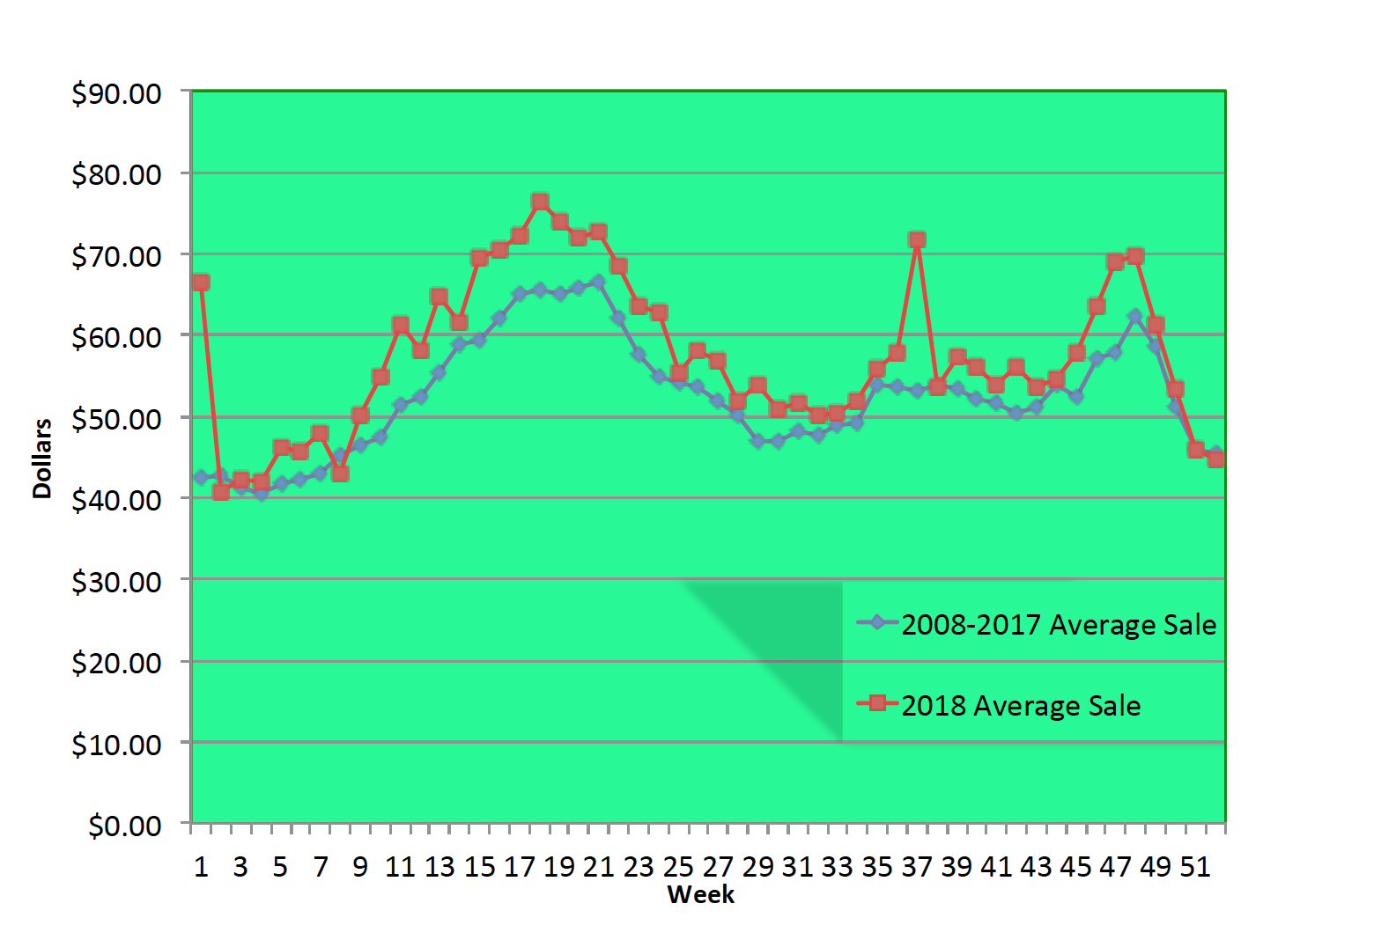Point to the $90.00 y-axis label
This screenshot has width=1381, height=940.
click(x=116, y=93)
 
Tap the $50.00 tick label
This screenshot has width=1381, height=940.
click(x=116, y=419)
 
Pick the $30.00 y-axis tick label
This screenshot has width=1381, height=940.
click(x=116, y=582)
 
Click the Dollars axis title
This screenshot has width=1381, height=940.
click(x=42, y=458)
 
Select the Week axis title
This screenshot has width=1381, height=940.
click(x=700, y=895)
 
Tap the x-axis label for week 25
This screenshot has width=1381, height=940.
click(x=678, y=867)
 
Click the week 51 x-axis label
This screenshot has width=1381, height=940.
click(x=1195, y=867)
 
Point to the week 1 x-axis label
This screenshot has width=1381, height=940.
click(x=201, y=867)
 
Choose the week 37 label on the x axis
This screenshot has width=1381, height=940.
click(x=917, y=867)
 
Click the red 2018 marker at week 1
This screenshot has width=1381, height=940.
click(x=201, y=283)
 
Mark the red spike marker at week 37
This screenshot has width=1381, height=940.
click(x=917, y=240)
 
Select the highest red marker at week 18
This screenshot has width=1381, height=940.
click(x=540, y=202)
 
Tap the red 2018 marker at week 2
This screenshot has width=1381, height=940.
click(x=221, y=492)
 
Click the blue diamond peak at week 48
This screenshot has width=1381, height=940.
click(x=1135, y=316)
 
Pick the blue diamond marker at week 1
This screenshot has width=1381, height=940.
click(x=201, y=477)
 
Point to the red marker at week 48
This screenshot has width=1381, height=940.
click(x=1135, y=256)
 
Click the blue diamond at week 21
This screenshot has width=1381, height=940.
click(x=599, y=282)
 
